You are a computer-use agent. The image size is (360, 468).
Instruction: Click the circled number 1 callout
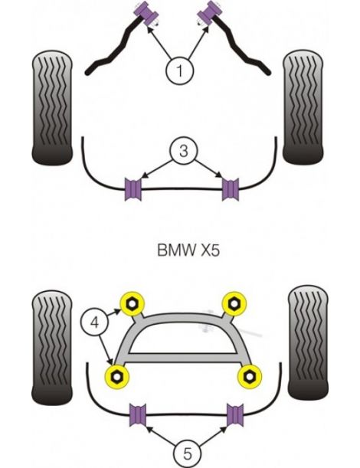pos(181,73)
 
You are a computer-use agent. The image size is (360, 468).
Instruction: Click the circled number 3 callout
pos(181,152)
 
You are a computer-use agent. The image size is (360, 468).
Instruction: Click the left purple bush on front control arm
pos(142,14)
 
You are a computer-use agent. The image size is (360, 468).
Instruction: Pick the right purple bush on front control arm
pos(209,14)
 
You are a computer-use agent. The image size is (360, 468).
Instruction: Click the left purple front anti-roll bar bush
pos(132,189)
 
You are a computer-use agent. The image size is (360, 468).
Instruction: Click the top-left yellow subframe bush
pos(133,302)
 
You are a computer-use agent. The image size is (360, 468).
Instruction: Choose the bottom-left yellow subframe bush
pos(116,375)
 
